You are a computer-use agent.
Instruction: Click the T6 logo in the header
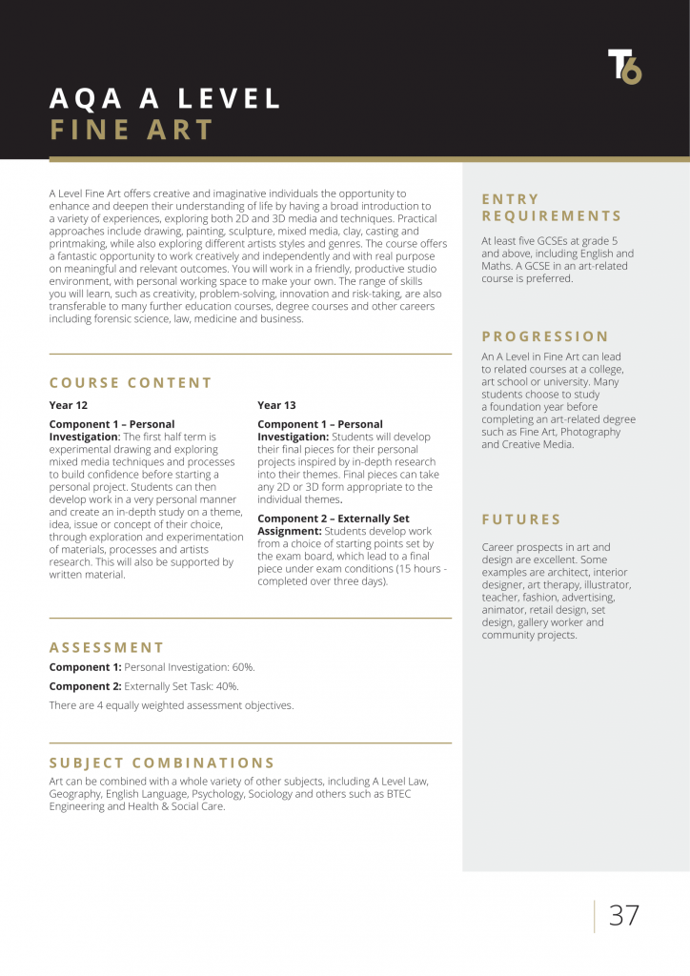tap(625, 67)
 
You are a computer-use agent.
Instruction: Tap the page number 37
tap(624, 915)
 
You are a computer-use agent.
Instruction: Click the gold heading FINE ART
tap(132, 131)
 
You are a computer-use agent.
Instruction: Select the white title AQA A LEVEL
tap(165, 98)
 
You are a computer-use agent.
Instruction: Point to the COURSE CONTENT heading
tap(131, 383)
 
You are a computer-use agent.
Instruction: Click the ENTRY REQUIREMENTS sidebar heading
tap(551, 208)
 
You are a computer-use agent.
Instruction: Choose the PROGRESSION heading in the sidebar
tap(544, 336)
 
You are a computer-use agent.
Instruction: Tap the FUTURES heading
tap(521, 519)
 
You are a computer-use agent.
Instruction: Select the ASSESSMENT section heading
tap(107, 647)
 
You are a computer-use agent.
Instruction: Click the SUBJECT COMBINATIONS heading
tap(162, 762)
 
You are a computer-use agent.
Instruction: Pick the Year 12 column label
tap(69, 405)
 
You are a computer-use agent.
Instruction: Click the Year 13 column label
tap(276, 405)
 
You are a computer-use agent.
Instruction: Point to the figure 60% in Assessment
tap(243, 667)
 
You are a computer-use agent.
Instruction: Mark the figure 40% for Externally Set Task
tap(227, 686)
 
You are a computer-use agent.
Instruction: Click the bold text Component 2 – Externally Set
tap(334, 518)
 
